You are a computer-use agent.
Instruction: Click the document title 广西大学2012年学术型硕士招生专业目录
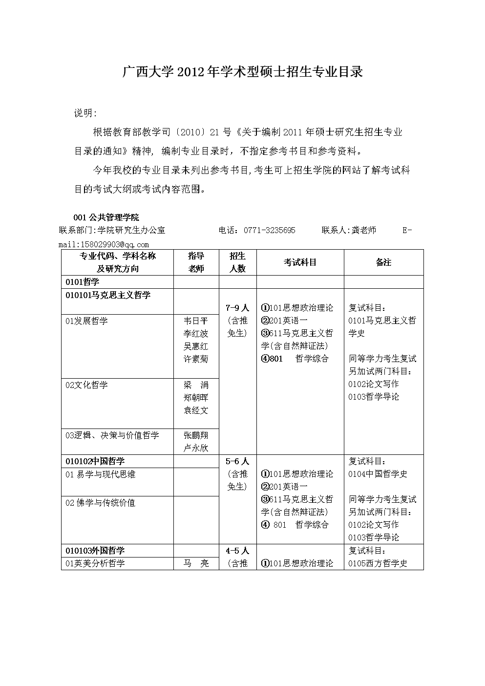coord(242,72)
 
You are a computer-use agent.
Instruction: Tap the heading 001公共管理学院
coord(106,217)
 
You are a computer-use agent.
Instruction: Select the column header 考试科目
coord(300,262)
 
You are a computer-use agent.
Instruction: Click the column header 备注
coord(383,262)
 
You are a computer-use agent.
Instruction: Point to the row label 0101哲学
coord(83,282)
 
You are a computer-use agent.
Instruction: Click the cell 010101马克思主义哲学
coord(108,295)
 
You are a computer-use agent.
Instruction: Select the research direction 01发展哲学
coord(86,321)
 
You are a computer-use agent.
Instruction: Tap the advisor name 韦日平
coord(196,321)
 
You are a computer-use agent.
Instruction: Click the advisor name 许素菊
coord(196,359)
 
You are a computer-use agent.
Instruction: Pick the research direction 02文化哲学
coord(86,385)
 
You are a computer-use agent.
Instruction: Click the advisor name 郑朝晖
coord(196,398)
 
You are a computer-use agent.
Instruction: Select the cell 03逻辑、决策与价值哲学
coord(112,435)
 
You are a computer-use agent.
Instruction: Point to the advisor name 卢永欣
coord(196,448)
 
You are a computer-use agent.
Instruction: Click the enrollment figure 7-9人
coord(237,308)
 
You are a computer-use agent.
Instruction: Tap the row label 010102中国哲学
coord(95,461)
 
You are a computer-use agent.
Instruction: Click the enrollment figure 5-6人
coord(237,461)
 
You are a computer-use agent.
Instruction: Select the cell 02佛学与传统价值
coord(100,503)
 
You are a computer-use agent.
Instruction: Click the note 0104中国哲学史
coord(378,474)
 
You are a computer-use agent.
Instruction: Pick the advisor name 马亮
coord(196,563)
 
